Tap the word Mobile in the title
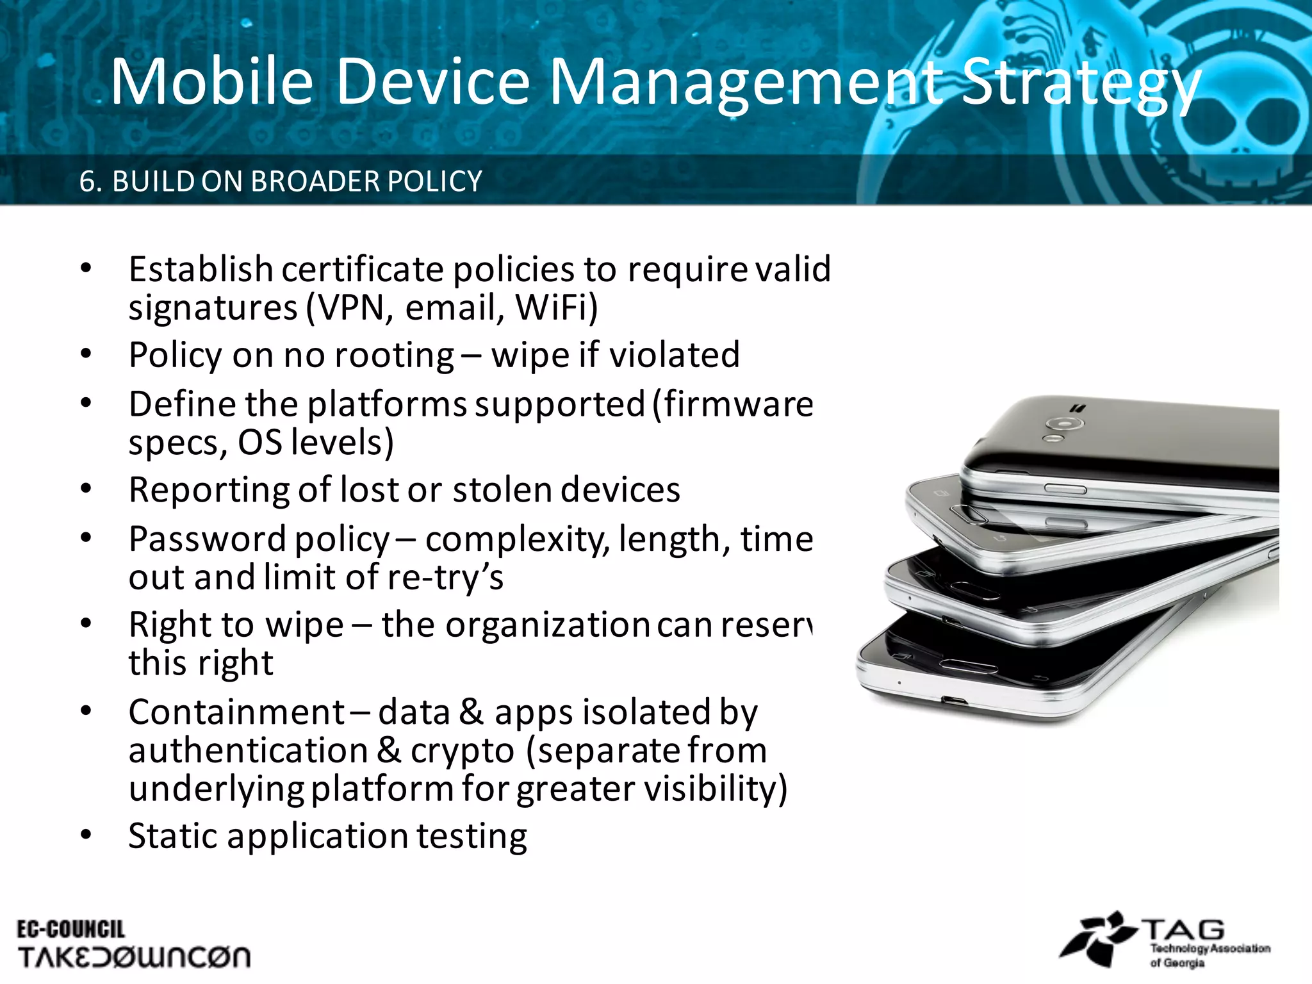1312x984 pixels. tap(211, 82)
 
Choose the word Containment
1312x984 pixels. tap(236, 712)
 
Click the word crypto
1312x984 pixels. tap(462, 751)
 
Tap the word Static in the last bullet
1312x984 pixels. tap(172, 837)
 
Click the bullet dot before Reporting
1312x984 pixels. tap(86, 489)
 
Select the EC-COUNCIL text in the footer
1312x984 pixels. tap(70, 930)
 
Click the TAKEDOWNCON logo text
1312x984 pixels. tap(134, 958)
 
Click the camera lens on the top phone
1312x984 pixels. tap(1064, 423)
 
